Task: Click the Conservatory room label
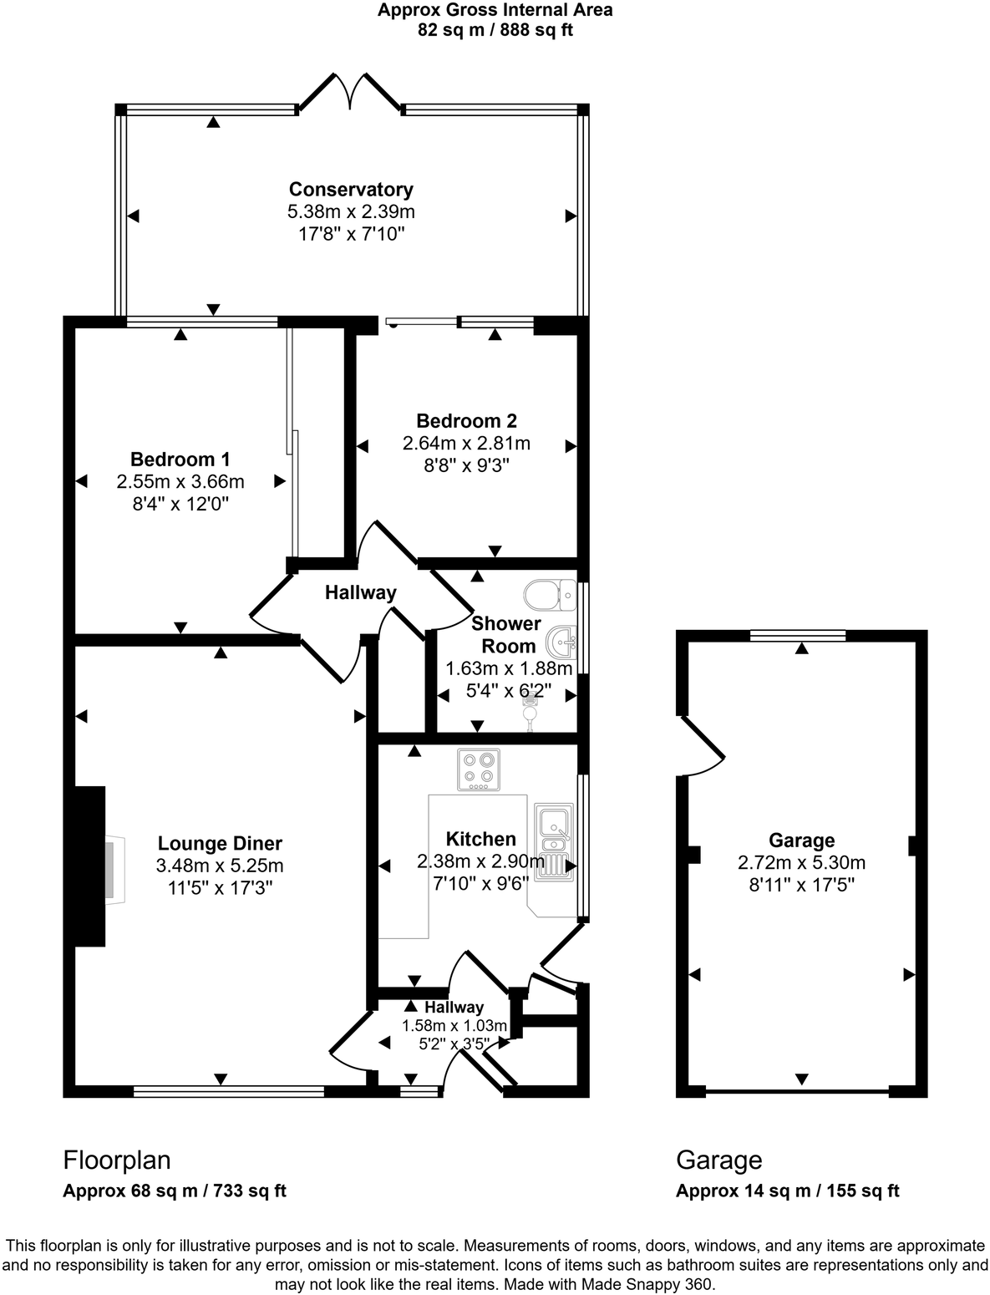click(351, 190)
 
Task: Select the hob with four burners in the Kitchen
click(479, 769)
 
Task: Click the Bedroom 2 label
click(466, 421)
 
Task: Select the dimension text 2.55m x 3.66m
click(180, 481)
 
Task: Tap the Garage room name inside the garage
click(801, 840)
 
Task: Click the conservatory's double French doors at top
click(350, 91)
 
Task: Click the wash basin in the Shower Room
click(561, 643)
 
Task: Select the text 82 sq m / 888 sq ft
click(495, 31)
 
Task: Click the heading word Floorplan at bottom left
click(117, 1160)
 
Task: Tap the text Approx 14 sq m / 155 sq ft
click(787, 1191)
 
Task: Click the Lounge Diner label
click(220, 844)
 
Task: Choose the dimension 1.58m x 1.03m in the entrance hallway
click(454, 1025)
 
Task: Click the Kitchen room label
click(480, 839)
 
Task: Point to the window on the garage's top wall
click(797, 636)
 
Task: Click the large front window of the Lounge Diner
click(228, 1090)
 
